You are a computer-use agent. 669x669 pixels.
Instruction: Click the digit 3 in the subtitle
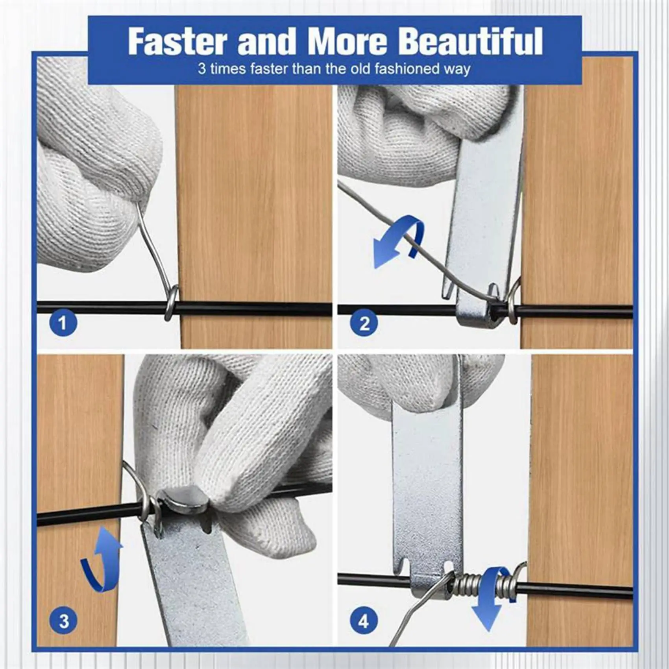tap(202, 69)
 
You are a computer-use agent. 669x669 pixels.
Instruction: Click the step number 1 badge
tap(63, 323)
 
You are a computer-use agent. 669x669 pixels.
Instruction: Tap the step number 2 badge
tap(364, 323)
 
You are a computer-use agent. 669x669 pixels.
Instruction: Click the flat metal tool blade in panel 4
tap(427, 492)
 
